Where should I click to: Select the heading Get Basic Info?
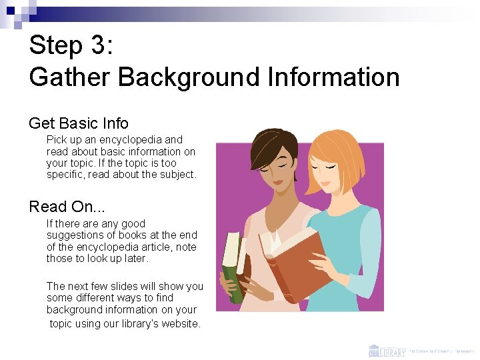(79, 123)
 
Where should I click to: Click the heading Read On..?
(67, 207)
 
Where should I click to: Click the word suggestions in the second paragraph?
(77, 235)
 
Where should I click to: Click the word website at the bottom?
(180, 323)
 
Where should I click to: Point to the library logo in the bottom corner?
(387, 350)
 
